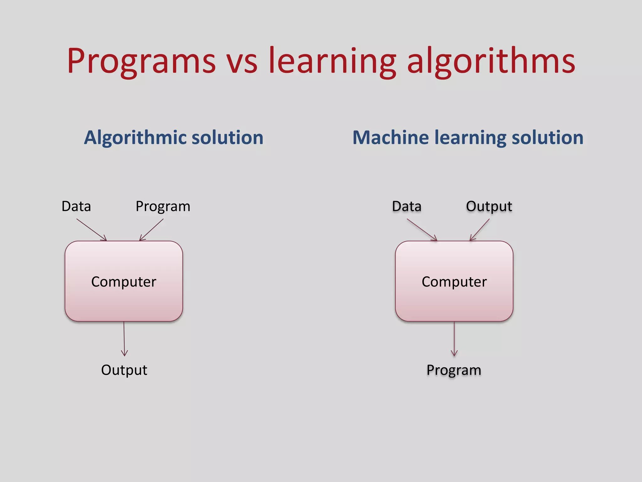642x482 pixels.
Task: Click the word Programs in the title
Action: (x=141, y=61)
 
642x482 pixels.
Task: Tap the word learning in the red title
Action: (x=333, y=61)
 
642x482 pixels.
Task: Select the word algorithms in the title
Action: (x=491, y=61)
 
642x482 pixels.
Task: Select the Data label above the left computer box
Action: (x=76, y=206)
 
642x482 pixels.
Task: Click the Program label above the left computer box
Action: (x=163, y=207)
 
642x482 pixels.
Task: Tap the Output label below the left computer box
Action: (x=124, y=370)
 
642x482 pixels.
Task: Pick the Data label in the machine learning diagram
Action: (x=407, y=206)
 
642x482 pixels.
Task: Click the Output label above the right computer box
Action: (x=489, y=206)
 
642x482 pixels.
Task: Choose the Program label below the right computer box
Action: (x=454, y=370)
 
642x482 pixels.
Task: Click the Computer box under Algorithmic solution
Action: (x=124, y=281)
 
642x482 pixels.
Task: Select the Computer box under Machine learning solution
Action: (x=454, y=281)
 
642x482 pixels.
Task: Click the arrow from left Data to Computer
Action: (x=91, y=230)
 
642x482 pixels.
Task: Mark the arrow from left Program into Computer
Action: (x=151, y=230)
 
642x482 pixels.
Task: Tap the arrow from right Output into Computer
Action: (x=480, y=230)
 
